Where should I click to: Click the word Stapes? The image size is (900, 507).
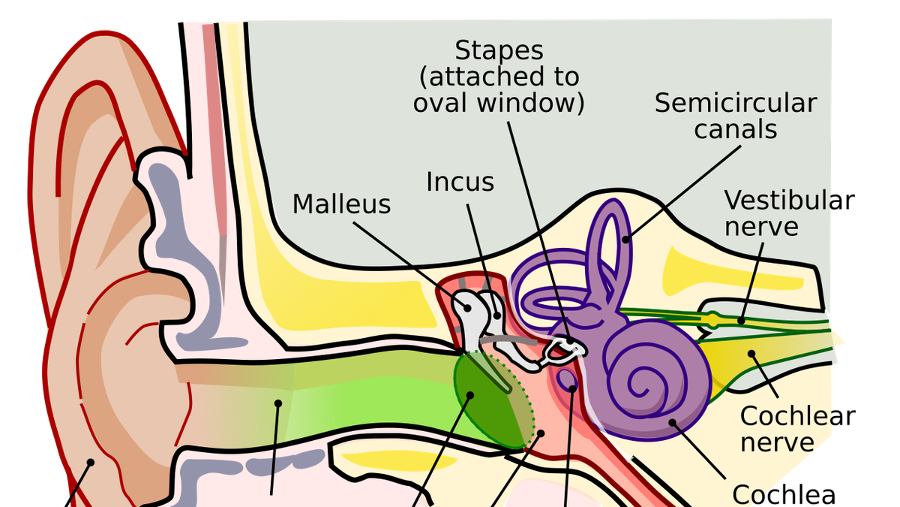point(499,51)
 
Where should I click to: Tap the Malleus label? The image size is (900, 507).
point(341,204)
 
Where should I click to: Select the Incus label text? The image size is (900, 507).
point(460,182)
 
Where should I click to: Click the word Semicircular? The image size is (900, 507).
point(735,103)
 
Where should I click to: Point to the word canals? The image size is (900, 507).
point(735,128)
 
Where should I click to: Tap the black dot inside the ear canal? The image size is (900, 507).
point(278,403)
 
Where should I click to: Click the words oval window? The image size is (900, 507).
point(499,101)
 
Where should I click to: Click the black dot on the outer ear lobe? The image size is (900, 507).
point(92,463)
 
